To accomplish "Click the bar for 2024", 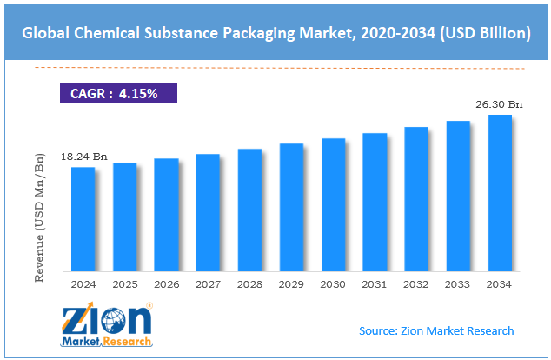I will point(83,218).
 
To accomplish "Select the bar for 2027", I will point(208,212).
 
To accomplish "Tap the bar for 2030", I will point(333,204).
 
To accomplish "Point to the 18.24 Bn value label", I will point(83,157).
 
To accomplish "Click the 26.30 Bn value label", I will point(499,104).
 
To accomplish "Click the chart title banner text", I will point(275,33).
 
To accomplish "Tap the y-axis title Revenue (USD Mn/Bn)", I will point(38,217).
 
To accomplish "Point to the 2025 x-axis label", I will point(124,284).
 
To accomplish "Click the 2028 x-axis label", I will point(249,284).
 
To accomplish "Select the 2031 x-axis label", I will point(375,284).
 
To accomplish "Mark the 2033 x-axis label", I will point(458,284).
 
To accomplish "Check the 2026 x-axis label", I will point(166,284).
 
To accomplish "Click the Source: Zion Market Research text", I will point(436,330).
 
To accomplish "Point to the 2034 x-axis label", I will point(500,284).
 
